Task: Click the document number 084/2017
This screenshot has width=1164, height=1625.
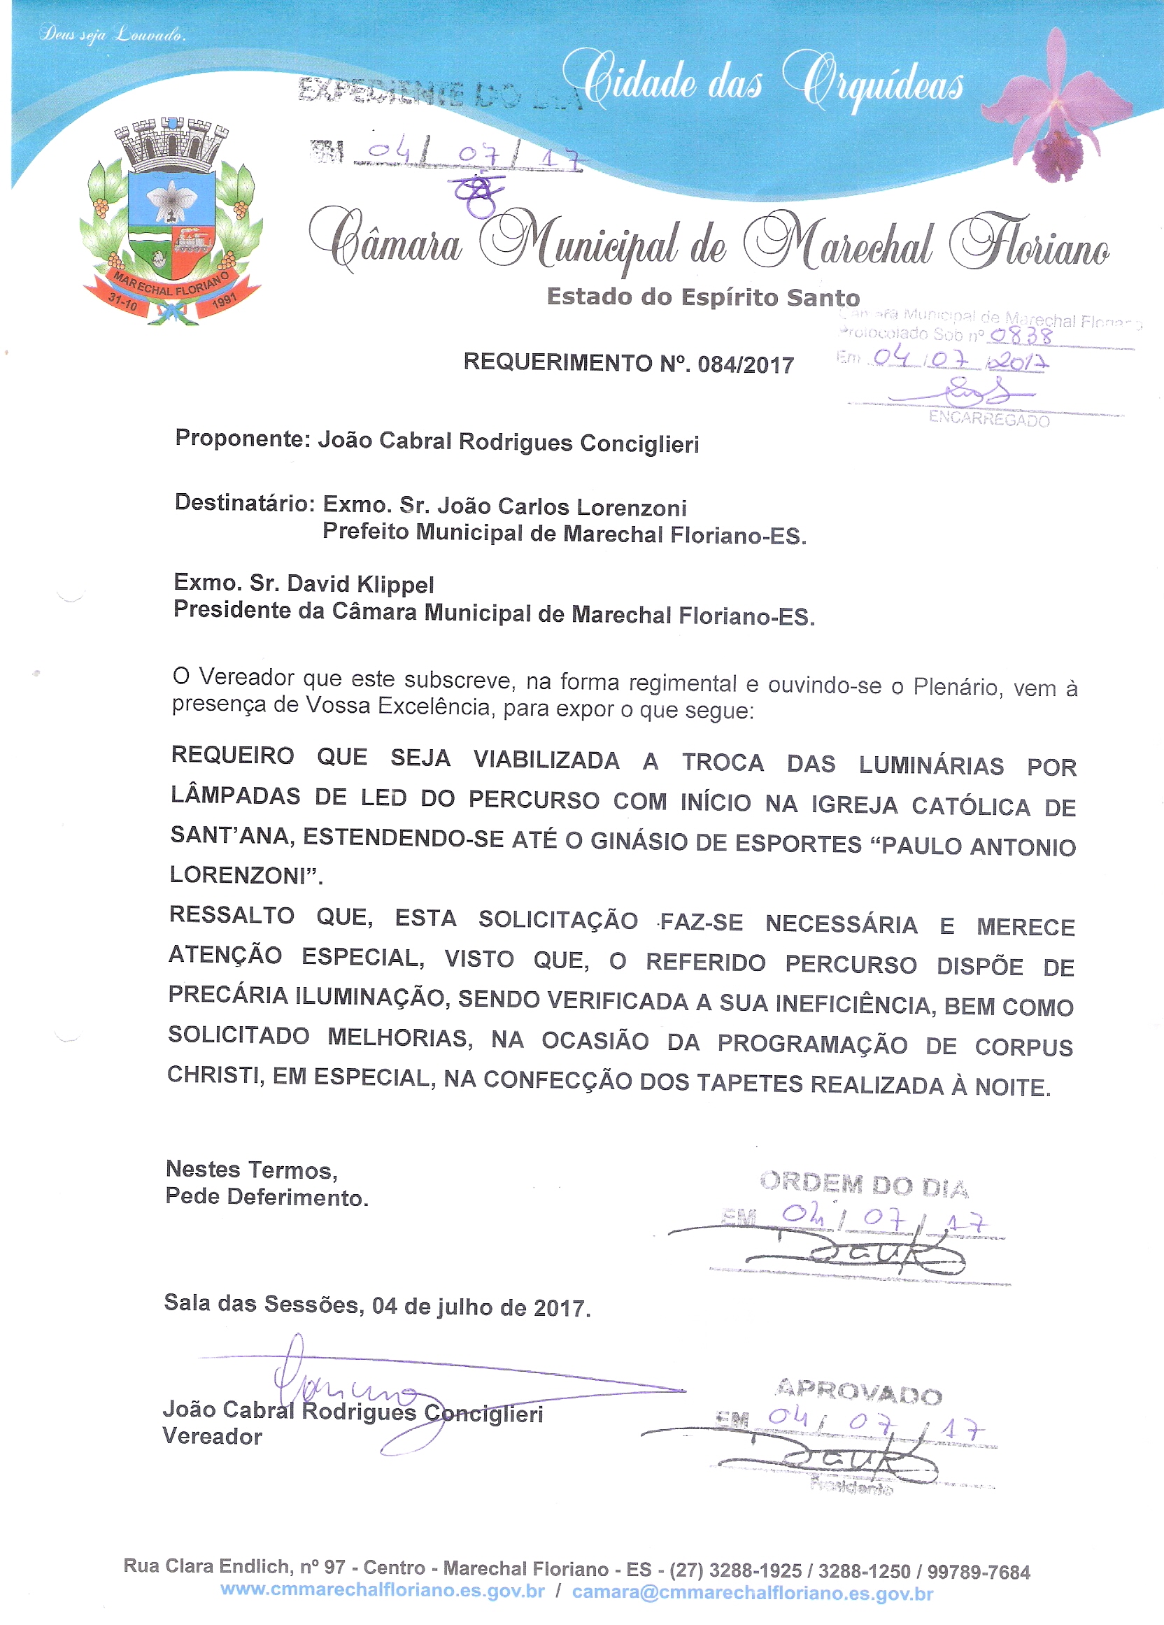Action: coord(746,364)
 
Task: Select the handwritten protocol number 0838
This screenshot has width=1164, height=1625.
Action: coord(1021,334)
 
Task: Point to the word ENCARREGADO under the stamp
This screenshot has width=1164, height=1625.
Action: coord(988,419)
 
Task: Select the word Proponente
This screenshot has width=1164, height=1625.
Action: coord(241,439)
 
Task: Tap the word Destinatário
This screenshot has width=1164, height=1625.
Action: coord(244,503)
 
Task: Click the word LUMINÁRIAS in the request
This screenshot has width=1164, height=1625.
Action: coord(931,765)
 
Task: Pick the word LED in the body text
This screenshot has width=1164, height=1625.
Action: coord(383,798)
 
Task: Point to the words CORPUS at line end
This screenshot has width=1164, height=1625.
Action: coord(1023,1046)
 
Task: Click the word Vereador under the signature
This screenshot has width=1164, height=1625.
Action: coord(212,1437)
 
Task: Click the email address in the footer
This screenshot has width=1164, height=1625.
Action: coord(752,1593)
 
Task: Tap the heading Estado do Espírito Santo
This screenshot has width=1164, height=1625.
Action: coord(703,297)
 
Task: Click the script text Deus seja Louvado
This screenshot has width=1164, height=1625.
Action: coord(113,34)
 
